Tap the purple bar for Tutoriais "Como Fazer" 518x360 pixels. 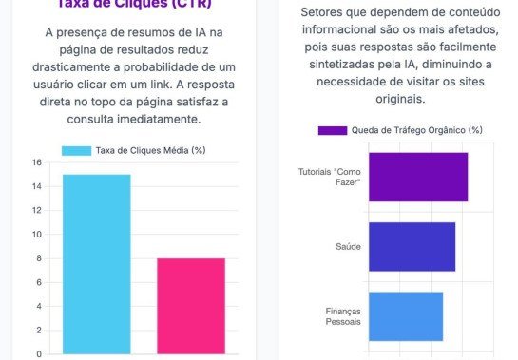(x=417, y=177)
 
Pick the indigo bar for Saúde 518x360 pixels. (x=412, y=246)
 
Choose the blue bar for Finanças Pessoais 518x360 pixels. (x=405, y=315)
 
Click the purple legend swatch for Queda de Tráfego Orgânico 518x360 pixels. (x=333, y=130)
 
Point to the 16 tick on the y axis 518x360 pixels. (x=36, y=162)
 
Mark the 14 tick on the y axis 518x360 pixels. (x=36, y=186)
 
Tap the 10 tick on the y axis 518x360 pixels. (x=36, y=235)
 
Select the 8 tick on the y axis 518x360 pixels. (x=38, y=258)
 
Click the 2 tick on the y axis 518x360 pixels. (x=38, y=331)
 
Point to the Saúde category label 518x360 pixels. (x=348, y=246)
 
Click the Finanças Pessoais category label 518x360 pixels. (x=343, y=315)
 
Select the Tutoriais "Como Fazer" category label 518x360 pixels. (x=330, y=177)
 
